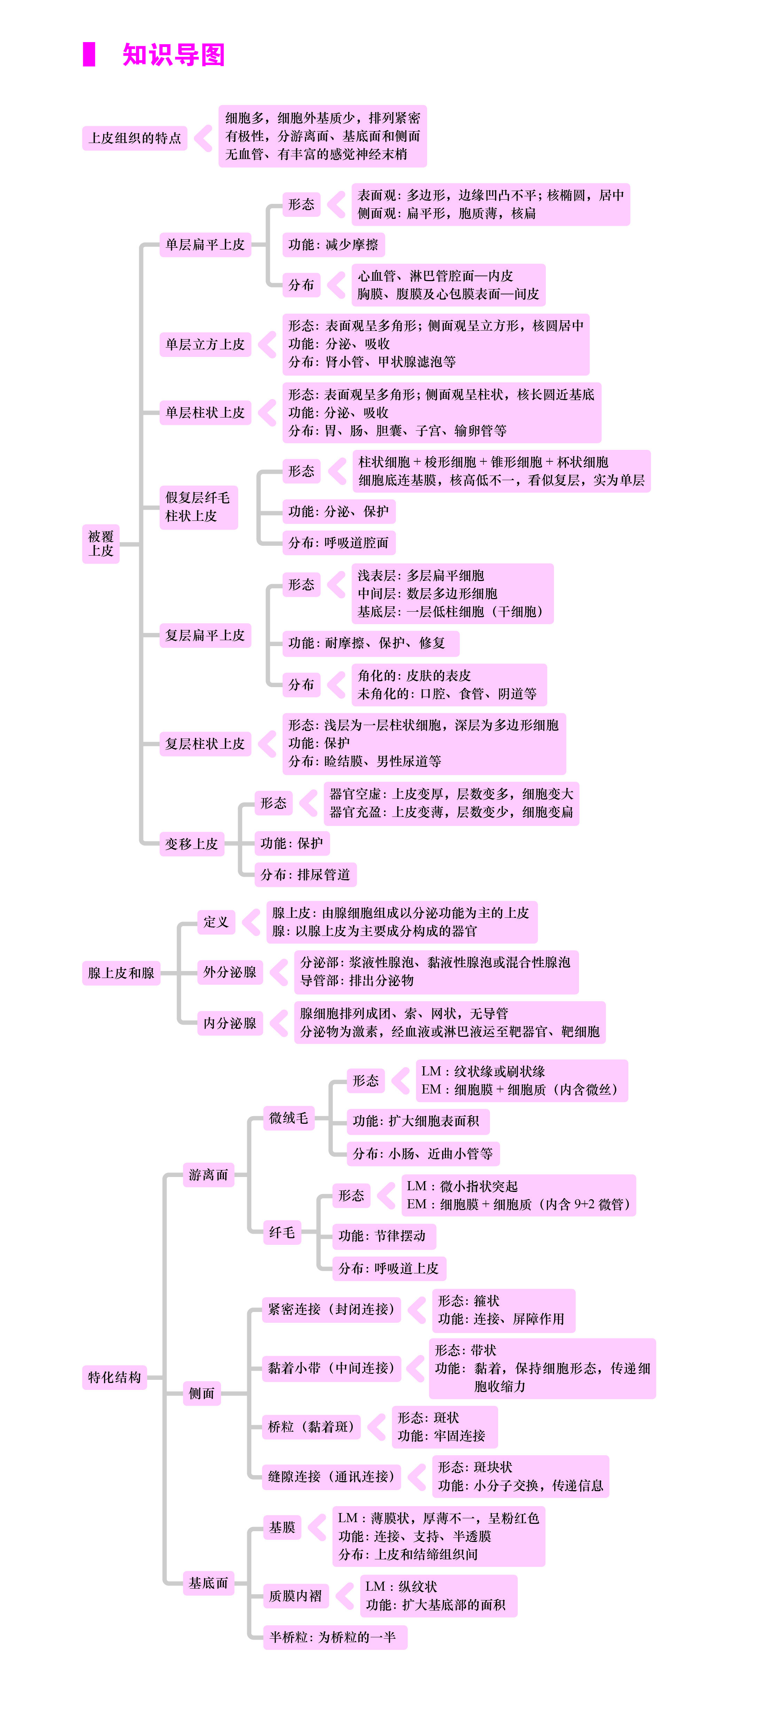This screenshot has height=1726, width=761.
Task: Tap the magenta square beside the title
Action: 88,54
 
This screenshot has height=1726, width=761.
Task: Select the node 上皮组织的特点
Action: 135,138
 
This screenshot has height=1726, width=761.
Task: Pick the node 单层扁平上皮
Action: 205,245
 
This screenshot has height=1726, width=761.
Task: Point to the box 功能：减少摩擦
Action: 333,245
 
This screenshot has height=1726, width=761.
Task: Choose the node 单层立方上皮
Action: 205,344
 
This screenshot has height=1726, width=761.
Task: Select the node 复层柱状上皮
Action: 205,744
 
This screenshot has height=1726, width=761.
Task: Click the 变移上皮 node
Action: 192,844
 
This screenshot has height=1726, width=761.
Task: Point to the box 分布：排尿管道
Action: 306,874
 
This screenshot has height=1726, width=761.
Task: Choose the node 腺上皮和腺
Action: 121,973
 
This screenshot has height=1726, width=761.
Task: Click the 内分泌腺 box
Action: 230,1023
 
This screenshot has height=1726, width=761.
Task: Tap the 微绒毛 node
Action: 288,1117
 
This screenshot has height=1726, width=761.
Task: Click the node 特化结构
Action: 115,1377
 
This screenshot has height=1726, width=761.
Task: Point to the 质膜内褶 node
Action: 295,1596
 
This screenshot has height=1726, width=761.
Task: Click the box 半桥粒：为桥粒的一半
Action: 335,1637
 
